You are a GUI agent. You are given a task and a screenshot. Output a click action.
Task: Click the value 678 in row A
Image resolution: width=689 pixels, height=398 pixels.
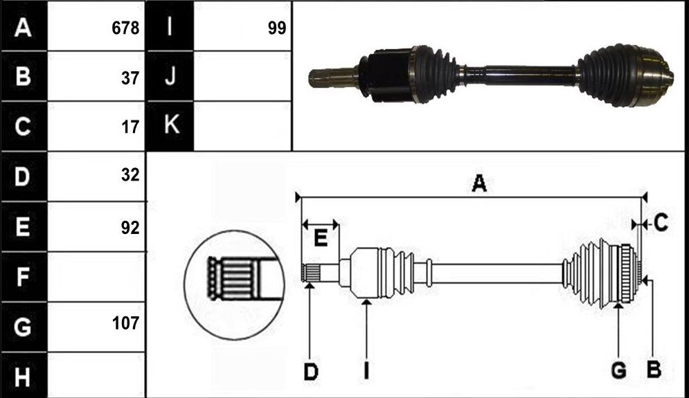pos(125,28)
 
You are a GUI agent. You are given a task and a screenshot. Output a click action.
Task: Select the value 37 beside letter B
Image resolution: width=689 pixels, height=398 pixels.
pos(130,78)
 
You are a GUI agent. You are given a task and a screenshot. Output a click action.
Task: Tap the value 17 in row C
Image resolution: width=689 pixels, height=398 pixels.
pos(130,127)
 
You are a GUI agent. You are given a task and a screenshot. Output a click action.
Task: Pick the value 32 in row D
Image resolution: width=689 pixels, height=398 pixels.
pos(130,175)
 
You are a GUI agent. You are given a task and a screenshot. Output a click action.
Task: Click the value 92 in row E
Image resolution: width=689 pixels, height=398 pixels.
pos(130,228)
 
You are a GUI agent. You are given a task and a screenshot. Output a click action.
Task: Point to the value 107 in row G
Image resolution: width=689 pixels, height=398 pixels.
pos(125,323)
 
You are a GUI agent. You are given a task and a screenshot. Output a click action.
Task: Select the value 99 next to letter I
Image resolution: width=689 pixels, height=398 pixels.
pos(277,28)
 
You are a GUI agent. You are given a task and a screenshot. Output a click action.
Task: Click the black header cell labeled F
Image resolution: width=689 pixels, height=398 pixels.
pos(24,277)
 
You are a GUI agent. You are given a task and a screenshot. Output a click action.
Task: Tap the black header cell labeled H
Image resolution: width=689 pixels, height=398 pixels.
pos(24,376)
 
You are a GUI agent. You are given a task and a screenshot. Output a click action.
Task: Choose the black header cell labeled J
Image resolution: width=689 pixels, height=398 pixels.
pos(170,76)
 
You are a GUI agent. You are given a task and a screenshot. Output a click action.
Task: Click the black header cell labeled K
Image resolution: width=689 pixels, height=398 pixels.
pos(170,126)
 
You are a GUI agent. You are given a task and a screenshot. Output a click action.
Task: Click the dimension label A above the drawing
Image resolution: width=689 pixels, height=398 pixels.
pos(479,183)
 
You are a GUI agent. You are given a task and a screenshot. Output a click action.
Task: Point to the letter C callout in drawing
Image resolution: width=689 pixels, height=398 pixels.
pos(661,223)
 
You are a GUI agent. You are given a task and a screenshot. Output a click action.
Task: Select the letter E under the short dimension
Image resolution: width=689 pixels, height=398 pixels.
pos(321,239)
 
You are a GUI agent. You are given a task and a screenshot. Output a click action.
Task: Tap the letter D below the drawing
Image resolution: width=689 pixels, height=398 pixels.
pos(311,372)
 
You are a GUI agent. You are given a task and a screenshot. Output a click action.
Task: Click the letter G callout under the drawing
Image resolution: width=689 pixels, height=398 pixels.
pos(618,370)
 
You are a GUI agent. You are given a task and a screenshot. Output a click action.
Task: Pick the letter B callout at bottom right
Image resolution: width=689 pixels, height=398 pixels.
pos(654,370)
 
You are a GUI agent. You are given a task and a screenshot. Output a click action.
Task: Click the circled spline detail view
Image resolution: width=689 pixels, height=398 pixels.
pos(234,286)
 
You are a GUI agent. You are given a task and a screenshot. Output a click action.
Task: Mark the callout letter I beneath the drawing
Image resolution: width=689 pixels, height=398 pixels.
pos(366,370)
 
